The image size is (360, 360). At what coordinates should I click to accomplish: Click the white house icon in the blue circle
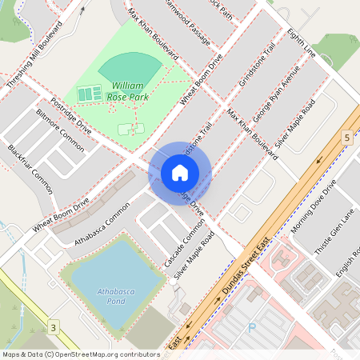point(180,173)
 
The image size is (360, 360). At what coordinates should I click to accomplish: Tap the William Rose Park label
point(128,90)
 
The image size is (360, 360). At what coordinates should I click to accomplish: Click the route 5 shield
point(346,138)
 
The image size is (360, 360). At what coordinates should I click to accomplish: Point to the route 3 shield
point(54,328)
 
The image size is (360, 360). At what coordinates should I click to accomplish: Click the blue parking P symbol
point(253,328)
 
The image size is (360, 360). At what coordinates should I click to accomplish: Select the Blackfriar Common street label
point(30,169)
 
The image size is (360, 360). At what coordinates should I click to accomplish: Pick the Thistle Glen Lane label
point(334,232)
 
